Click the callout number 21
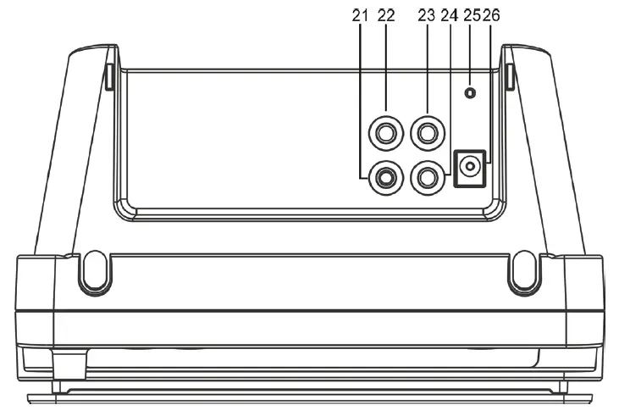[x=360, y=15]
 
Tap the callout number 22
[x=387, y=15]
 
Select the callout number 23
[x=426, y=15]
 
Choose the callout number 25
[x=471, y=15]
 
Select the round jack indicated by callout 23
[x=427, y=132]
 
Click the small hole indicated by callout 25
[x=470, y=92]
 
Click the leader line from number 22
[x=387, y=68]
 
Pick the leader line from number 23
[x=427, y=68]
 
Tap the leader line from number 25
[x=470, y=55]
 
